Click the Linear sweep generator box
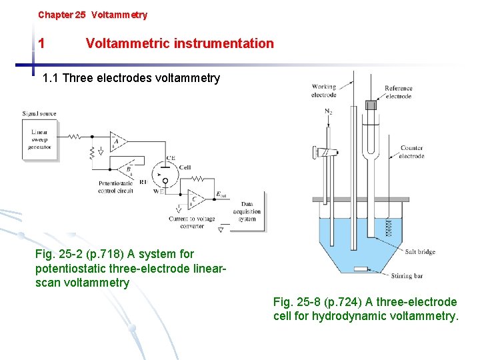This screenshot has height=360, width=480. tap(39, 140)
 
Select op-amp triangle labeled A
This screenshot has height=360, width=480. tap(118, 141)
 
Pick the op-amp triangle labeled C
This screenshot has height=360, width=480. tap(195, 199)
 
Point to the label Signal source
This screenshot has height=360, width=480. tap(39, 114)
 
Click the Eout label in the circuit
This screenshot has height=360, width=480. tap(221, 195)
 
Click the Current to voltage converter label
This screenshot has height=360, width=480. tap(191, 222)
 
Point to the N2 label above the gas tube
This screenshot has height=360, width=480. tap(328, 111)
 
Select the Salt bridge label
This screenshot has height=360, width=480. tap(420, 251)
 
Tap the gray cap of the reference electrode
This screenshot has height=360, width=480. tap(371, 105)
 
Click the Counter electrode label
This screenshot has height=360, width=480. tap(411, 152)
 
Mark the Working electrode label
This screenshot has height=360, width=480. tap(323, 91)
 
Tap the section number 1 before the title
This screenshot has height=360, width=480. tap(41, 44)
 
